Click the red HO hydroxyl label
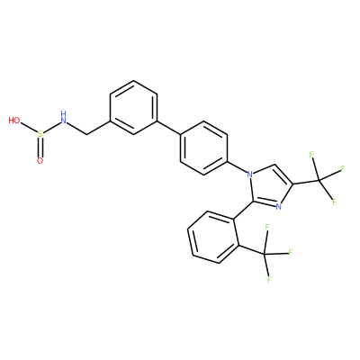tap(14, 121)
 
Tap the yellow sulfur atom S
tap(40, 134)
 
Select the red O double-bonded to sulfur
tap(40, 161)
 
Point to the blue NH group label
tap(63, 118)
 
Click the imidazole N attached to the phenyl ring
tap(248, 174)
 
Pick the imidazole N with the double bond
tap(278, 206)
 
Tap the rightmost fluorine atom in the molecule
tap(343, 168)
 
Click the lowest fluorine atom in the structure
tap(269, 280)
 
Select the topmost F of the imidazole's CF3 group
tap(311, 155)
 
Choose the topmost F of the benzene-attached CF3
tap(266, 228)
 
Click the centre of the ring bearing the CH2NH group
tap(133, 107)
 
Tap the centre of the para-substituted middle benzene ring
tap(203, 148)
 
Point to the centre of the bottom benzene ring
tap(213, 238)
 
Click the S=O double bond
tap(40, 148)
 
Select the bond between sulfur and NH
tap(51, 128)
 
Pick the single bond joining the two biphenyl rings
tap(168, 128)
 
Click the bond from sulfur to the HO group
tap(29, 129)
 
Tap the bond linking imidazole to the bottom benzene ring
tap(242, 210)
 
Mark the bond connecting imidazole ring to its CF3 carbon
tap(306, 182)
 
